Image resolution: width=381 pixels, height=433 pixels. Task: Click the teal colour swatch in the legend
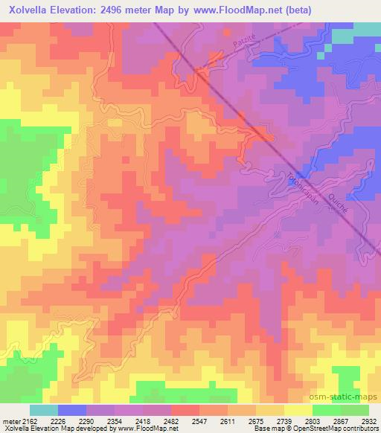pos(43,410)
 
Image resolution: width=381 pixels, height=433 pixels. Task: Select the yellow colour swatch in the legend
pos(298,410)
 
